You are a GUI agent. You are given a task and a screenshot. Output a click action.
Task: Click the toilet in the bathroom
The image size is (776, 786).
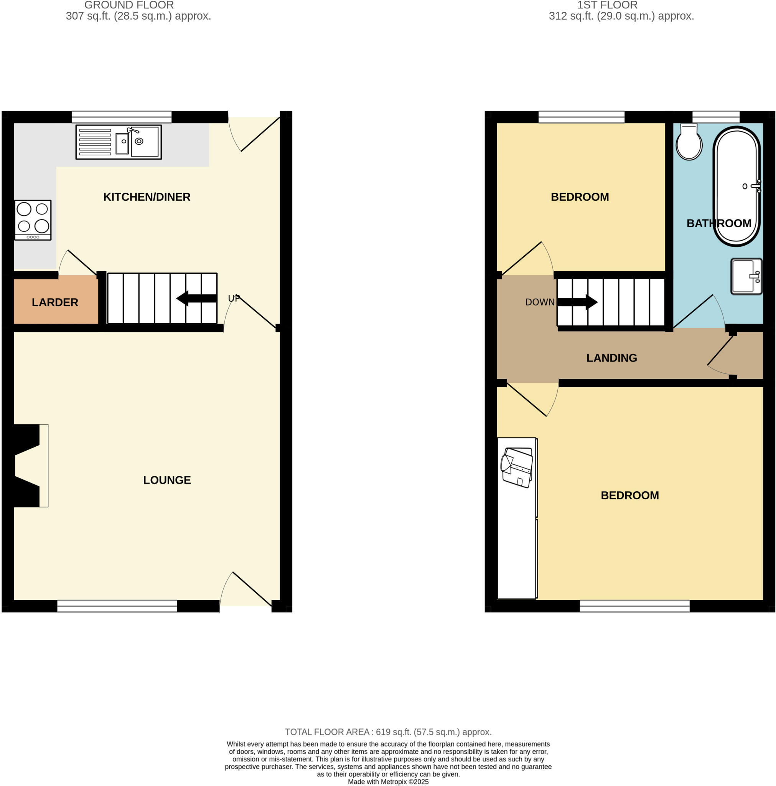(x=689, y=144)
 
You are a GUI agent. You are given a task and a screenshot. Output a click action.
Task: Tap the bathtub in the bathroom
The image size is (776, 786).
(x=736, y=186)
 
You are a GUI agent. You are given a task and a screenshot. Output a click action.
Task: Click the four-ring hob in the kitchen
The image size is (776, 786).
(x=33, y=220)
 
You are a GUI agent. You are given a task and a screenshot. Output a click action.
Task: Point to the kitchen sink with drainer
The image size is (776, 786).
(x=119, y=142)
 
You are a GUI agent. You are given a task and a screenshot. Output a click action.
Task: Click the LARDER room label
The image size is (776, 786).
(x=55, y=302)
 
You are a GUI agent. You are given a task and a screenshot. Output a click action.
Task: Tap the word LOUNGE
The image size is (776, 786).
(x=167, y=480)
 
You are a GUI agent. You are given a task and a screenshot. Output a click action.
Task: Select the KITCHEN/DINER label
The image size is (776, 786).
(x=147, y=197)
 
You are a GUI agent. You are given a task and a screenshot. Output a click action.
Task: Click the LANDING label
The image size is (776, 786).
(x=611, y=358)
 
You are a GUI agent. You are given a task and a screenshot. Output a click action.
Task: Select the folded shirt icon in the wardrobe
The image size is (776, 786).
(x=517, y=467)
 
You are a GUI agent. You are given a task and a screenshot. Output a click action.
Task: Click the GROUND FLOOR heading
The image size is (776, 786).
(x=129, y=5)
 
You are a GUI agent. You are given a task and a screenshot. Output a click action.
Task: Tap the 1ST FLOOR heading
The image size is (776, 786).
(x=607, y=5)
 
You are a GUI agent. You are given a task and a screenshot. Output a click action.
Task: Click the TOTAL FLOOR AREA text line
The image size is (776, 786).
(x=388, y=732)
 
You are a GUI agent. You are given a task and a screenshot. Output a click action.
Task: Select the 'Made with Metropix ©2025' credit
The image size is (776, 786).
(x=388, y=781)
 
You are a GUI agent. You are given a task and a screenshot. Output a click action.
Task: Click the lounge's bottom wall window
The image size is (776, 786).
(x=117, y=606)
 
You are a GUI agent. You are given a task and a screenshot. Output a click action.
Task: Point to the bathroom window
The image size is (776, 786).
(x=716, y=117)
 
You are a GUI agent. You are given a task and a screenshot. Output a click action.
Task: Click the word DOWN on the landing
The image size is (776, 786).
(x=540, y=302)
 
